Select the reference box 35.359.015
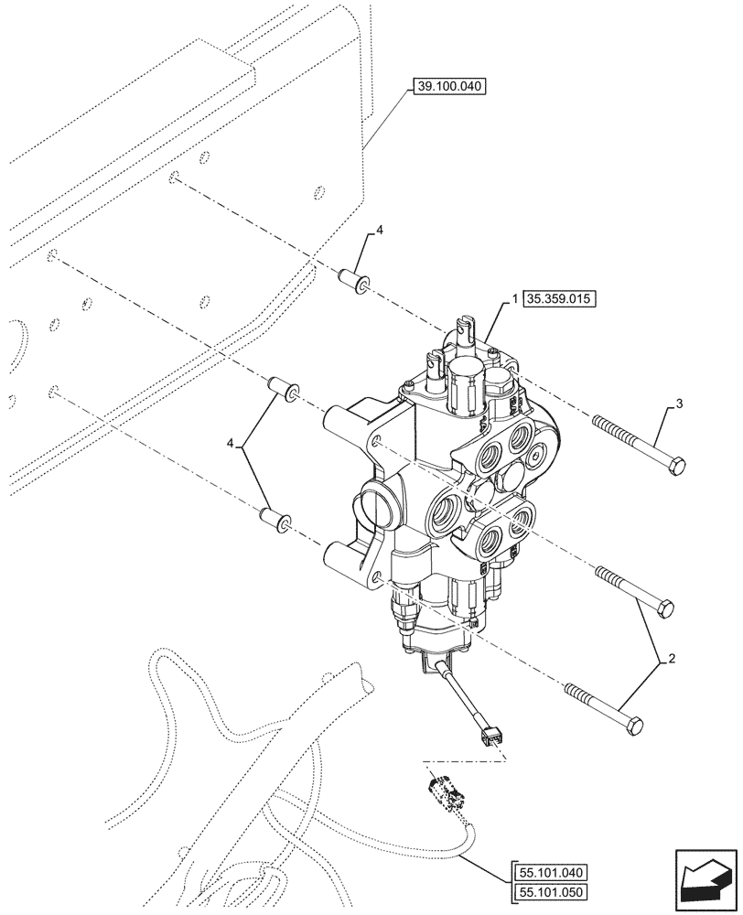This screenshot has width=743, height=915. pyautogui.click(x=559, y=299)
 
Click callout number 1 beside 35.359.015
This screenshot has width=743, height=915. pyautogui.click(x=515, y=299)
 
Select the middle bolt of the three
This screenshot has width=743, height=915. pyautogui.click(x=635, y=590)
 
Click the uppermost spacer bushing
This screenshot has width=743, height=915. pyautogui.click(x=354, y=281)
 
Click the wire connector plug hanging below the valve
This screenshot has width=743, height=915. pyautogui.click(x=490, y=735)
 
